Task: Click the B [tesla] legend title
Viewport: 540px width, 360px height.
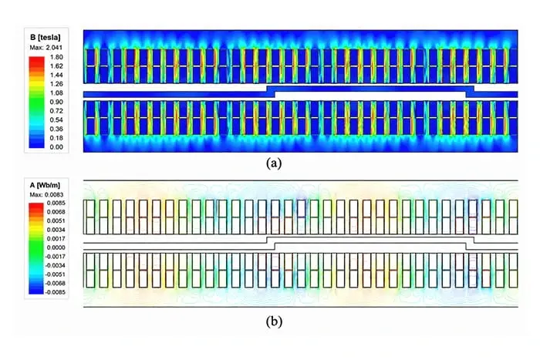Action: tap(45, 37)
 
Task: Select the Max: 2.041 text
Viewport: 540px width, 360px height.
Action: tap(46, 48)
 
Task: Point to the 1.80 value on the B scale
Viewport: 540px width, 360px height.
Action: tap(56, 57)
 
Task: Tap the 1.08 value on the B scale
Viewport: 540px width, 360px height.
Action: tap(56, 93)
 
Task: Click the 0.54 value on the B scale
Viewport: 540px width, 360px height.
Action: tap(56, 119)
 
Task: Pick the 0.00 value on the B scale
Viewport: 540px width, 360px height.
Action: tap(56, 147)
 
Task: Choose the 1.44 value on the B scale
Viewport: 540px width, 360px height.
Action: tap(56, 75)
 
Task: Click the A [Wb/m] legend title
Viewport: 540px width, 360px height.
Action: tap(45, 185)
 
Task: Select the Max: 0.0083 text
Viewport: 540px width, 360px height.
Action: tap(46, 195)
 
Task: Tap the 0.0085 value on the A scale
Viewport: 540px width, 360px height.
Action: tap(56, 203)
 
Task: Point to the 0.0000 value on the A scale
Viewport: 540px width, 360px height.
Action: tap(56, 247)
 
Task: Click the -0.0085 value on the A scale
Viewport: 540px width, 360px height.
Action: tap(55, 292)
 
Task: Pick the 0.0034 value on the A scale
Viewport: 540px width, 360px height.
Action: tap(56, 230)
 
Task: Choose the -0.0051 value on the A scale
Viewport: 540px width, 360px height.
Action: tap(55, 274)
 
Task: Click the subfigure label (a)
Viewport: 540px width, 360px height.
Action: tap(274, 163)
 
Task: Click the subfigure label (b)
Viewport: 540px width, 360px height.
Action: tap(274, 321)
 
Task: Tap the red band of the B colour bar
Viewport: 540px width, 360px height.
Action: tap(37, 62)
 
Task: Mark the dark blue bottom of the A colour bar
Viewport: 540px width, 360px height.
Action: tap(36, 290)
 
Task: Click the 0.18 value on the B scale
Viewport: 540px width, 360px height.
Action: tap(56, 138)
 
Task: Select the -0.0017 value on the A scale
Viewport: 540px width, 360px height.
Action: tap(55, 257)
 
